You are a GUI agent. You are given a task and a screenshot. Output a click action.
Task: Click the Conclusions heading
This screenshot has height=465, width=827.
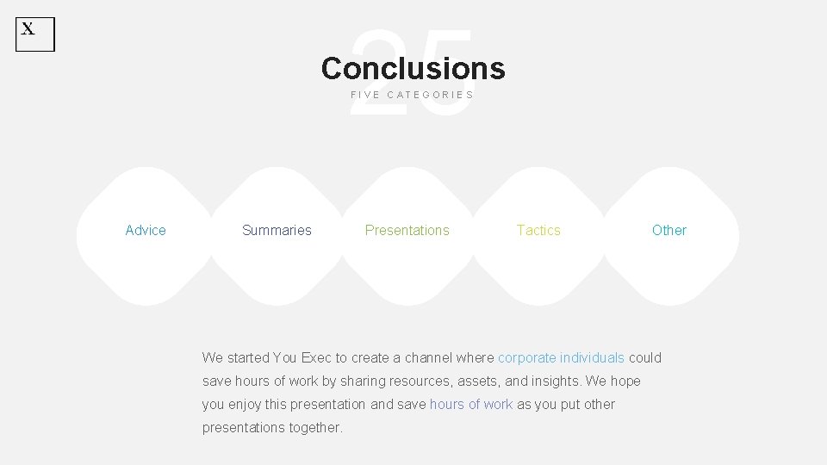(x=413, y=68)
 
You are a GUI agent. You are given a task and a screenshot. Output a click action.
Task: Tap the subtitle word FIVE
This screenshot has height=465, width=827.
(x=365, y=95)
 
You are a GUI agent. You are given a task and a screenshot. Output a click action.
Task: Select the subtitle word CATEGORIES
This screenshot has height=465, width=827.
(x=431, y=95)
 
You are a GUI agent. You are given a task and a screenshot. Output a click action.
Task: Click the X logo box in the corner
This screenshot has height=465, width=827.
(x=35, y=34)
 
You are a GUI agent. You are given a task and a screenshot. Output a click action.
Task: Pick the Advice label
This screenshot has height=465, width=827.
(x=146, y=230)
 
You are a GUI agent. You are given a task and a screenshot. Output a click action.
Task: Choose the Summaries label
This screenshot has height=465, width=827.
(x=277, y=230)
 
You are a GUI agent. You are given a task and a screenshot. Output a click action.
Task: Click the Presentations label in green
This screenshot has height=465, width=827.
(x=407, y=230)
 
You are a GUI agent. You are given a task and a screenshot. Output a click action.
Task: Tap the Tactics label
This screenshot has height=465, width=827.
(x=538, y=230)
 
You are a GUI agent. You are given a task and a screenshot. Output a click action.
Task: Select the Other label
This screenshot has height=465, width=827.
(x=669, y=230)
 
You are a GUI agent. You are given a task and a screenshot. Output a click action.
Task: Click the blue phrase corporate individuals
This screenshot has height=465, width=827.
(x=561, y=357)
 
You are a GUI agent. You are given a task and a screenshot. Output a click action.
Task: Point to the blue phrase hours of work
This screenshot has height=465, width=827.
(x=471, y=404)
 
